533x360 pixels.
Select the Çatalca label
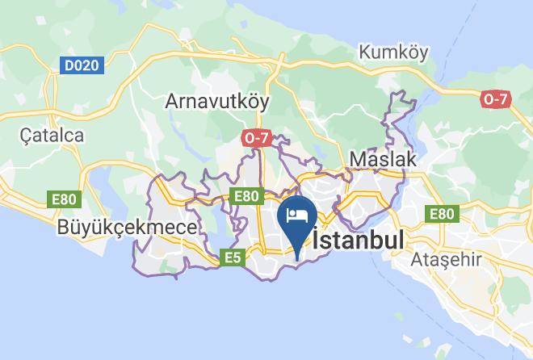coord(52,135)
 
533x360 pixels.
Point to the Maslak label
coord(382,159)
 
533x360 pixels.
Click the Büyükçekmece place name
coord(127,228)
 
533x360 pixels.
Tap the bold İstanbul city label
coord(359,241)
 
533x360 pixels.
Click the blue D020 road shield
coord(83,65)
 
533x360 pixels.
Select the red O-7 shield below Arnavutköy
coord(255,138)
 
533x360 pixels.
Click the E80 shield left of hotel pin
coord(246,196)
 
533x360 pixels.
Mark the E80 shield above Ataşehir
coord(442,213)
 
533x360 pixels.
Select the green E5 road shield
coord(233,257)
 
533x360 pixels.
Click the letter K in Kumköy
coord(365,52)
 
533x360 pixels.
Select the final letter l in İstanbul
coord(401,241)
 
